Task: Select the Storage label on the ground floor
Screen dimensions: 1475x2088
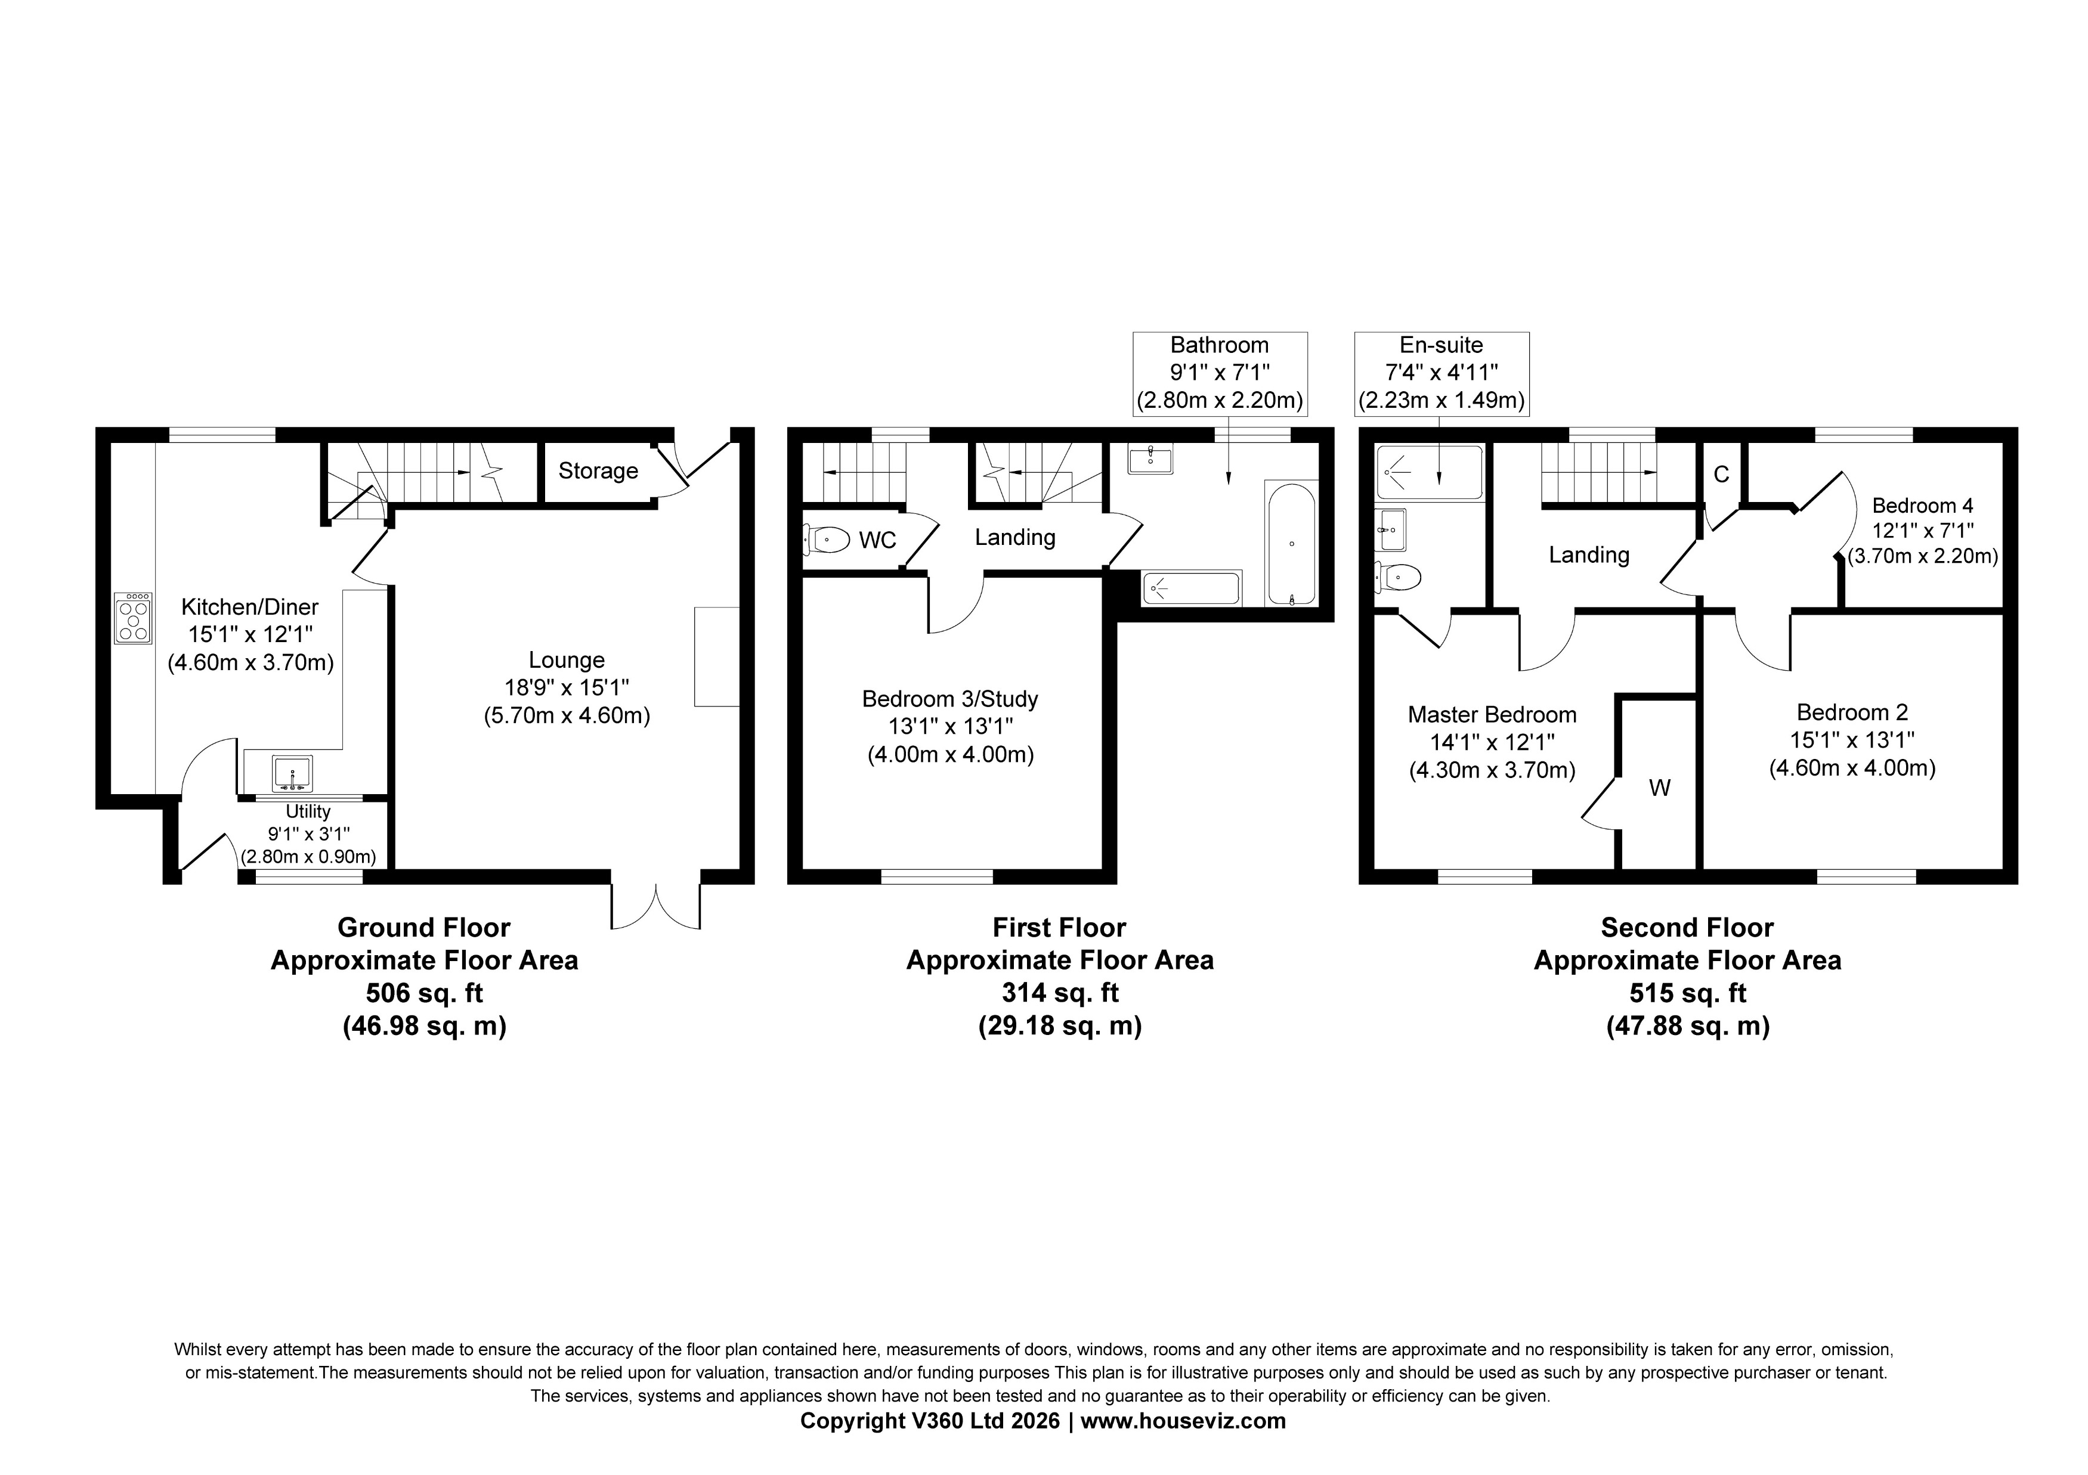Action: click(598, 471)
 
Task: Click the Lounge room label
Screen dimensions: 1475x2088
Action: click(567, 660)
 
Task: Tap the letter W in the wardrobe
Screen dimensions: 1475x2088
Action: click(1660, 788)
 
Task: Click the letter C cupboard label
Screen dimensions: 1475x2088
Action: click(1721, 474)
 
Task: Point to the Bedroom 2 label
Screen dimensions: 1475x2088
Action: click(1852, 713)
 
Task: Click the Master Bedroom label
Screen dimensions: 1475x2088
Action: click(1492, 715)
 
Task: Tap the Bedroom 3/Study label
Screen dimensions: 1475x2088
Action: click(949, 699)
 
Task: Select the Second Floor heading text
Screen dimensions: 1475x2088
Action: click(1687, 928)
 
